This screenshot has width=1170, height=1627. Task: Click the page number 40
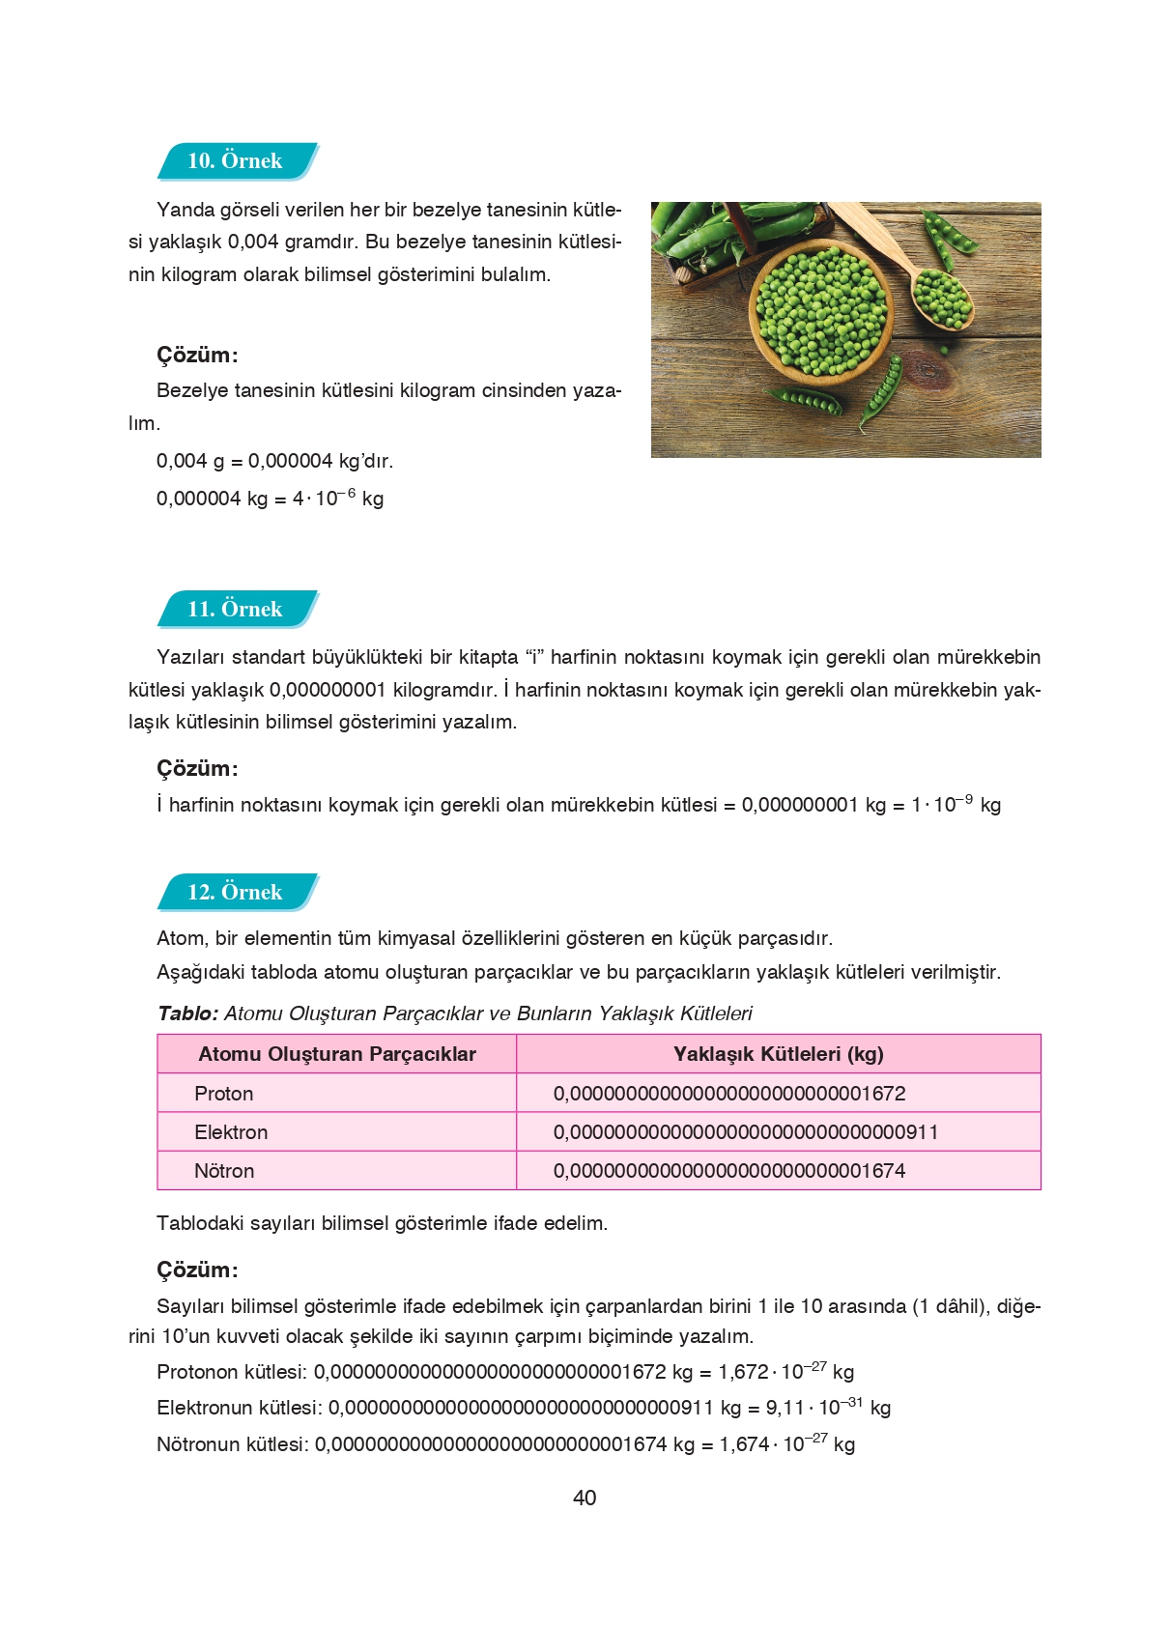pos(585,1498)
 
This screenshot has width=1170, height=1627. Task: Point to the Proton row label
pos(223,1094)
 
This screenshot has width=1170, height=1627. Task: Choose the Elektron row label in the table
pos(231,1132)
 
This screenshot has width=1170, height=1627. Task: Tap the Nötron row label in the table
pos(224,1171)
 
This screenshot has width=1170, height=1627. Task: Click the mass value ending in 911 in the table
pos(746,1132)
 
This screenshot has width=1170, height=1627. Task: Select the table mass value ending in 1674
pos(729,1171)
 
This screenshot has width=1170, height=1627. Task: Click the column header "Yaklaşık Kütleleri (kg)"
pos(779,1054)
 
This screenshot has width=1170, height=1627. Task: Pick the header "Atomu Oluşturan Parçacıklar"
pos(337,1054)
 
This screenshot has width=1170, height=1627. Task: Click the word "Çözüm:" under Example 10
pos(197,355)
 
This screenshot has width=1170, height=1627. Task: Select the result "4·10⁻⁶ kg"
pos(338,499)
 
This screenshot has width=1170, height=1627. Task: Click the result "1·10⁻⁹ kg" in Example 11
pos(956,805)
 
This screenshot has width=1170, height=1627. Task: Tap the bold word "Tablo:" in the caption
pos(187,1013)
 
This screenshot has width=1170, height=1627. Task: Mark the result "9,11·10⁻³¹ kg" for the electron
pos(828,1408)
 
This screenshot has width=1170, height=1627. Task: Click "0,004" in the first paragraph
pos(253,242)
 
